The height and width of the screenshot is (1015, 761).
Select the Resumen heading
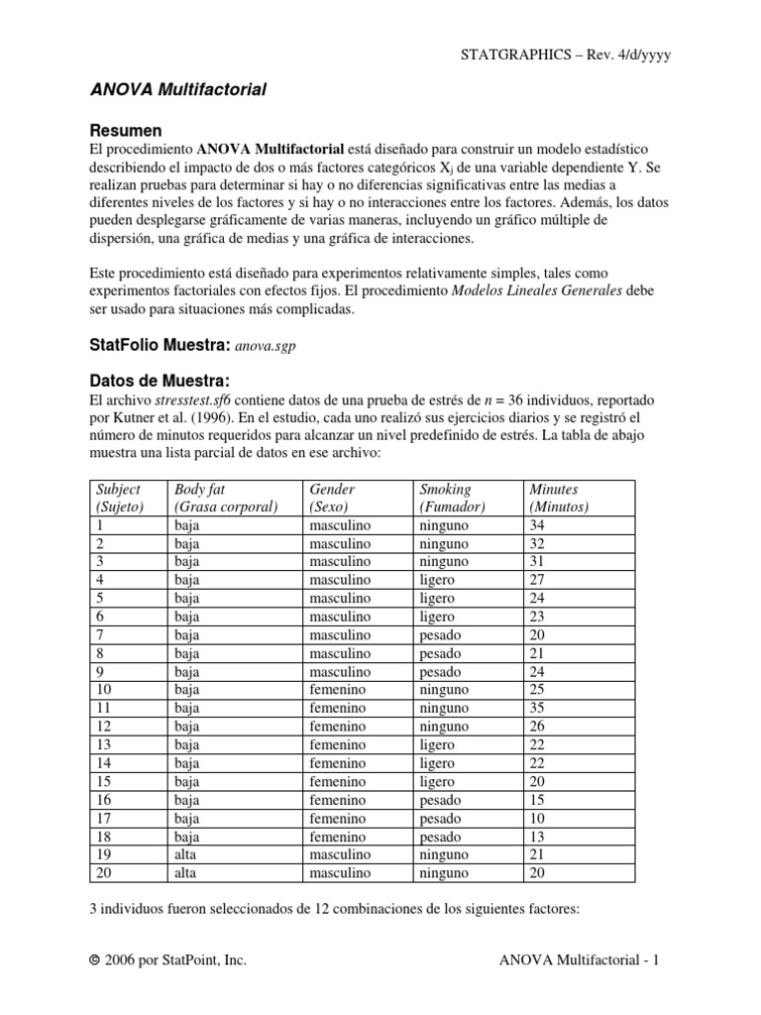[126, 131]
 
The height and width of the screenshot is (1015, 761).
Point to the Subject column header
[117, 490]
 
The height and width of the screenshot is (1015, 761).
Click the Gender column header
[332, 490]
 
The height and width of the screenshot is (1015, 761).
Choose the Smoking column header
[445, 490]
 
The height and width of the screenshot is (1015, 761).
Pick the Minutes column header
[554, 490]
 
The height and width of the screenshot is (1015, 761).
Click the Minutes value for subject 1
[537, 525]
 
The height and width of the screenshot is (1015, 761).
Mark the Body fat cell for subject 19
[185, 855]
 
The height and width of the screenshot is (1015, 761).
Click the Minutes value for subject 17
[537, 819]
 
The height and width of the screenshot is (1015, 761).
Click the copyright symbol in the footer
[94, 960]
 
